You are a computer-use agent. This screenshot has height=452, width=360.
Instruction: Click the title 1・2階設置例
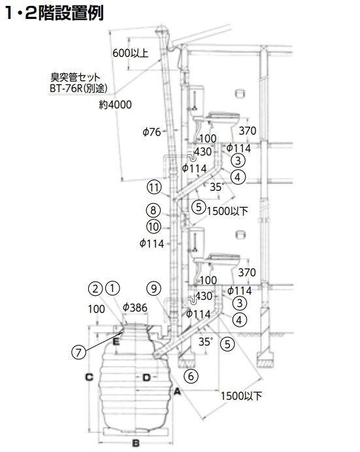(x=54, y=12)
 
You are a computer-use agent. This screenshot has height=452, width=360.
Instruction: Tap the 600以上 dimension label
(x=130, y=53)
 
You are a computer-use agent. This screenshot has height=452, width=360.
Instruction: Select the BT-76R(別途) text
(x=78, y=88)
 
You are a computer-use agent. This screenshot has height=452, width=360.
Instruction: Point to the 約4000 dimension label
(x=115, y=105)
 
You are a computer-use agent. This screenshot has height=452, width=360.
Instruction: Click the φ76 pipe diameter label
(x=152, y=132)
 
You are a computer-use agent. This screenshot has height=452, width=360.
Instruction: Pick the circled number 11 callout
(x=154, y=187)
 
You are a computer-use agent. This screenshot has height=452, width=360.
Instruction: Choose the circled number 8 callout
(x=154, y=210)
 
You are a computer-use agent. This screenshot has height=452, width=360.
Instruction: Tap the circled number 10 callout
(x=154, y=227)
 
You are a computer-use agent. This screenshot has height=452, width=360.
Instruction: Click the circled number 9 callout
(x=154, y=288)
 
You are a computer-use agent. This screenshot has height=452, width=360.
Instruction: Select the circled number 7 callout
(x=78, y=352)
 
